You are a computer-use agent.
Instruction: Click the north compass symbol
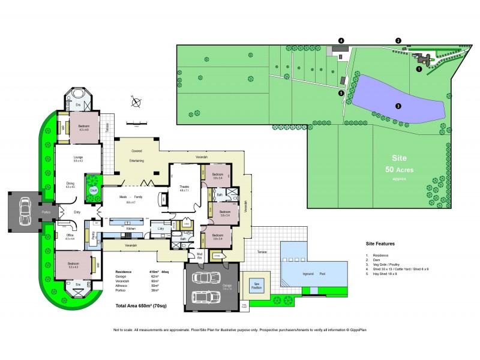tap(137, 103)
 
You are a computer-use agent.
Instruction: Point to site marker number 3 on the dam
tap(398, 106)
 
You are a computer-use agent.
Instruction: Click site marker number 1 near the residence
tap(419, 69)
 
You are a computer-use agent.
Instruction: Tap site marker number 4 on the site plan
tap(341, 40)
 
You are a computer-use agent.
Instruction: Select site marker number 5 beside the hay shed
tap(341, 93)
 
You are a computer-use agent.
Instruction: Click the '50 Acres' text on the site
tap(399, 169)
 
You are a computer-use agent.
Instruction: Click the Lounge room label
tap(77, 158)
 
